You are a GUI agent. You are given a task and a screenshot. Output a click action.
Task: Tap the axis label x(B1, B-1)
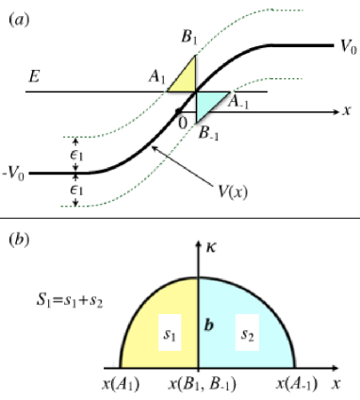tap(198, 385)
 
